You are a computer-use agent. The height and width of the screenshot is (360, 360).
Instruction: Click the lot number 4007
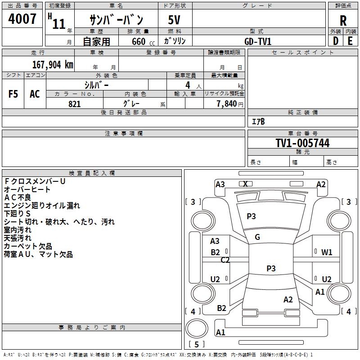[x=22, y=19]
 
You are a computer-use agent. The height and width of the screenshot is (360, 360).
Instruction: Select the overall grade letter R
[x=343, y=21]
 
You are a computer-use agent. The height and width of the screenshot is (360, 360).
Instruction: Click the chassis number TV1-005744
[x=302, y=144]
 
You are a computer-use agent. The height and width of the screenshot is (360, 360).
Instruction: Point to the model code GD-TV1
[x=258, y=41]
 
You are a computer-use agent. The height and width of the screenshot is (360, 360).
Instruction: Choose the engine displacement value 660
[x=138, y=41]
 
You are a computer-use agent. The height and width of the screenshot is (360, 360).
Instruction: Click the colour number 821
[x=75, y=104]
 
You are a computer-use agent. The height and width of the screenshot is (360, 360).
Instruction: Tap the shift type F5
[x=13, y=94]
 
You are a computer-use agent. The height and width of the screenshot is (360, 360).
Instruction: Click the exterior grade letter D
[x=335, y=41]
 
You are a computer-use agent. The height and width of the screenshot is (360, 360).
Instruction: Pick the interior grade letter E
[x=351, y=41]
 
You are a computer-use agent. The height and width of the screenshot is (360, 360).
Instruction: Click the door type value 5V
[x=175, y=21]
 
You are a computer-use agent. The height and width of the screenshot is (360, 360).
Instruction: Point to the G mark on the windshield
[x=257, y=237]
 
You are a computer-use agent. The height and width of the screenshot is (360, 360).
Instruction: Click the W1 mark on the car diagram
[x=327, y=252]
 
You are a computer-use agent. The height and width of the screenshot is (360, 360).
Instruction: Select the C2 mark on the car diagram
[x=225, y=260]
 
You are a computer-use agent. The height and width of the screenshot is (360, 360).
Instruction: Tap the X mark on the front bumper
[x=245, y=184]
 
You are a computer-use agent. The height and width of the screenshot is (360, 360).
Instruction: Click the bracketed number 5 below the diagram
[x=196, y=345]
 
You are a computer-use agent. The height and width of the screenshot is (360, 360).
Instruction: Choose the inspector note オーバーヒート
[x=27, y=189]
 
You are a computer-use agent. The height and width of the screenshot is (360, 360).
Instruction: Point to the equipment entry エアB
[x=258, y=121]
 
